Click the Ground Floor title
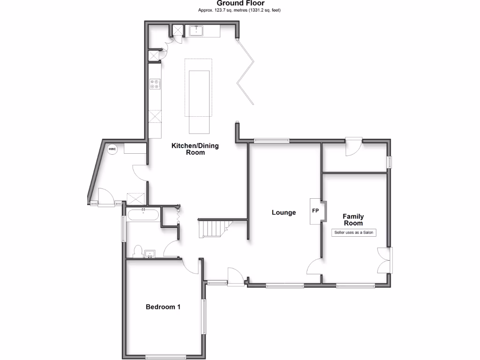tap(240, 3)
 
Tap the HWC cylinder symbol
tap(112, 150)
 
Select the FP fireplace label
tap(315, 210)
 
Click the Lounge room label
tap(284, 212)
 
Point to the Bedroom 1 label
tap(163, 307)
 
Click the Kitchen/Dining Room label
tap(195, 149)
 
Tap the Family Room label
tap(353, 219)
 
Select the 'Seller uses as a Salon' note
tap(354, 232)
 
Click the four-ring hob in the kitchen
tap(155, 84)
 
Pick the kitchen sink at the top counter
tap(196, 31)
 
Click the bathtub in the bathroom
tap(143, 215)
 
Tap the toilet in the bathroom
tap(137, 252)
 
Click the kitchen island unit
tap(198, 101)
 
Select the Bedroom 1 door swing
tap(192, 267)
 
